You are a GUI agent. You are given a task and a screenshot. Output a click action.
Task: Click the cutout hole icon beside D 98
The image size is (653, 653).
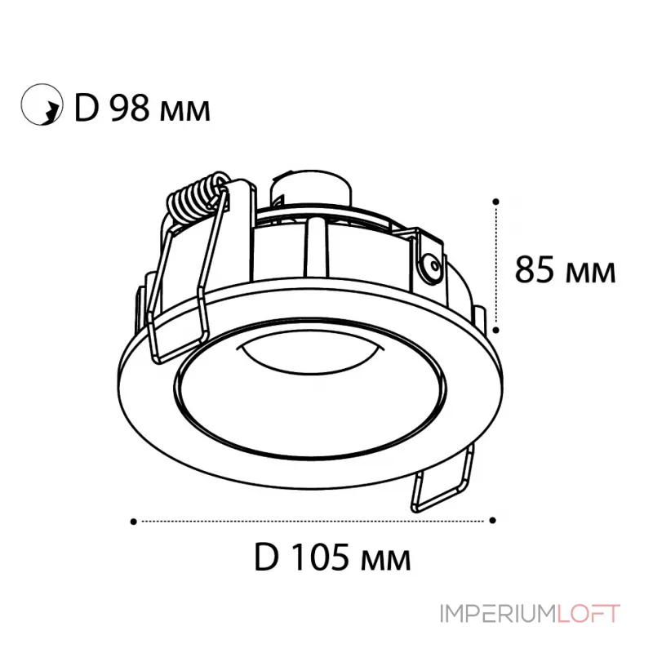click(x=42, y=104)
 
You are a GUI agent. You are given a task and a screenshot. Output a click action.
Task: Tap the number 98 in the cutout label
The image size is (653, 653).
click(x=129, y=109)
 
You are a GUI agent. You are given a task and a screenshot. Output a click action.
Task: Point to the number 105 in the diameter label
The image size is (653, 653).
click(x=318, y=557)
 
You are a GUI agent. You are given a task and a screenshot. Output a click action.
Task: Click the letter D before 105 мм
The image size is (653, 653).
click(x=266, y=557)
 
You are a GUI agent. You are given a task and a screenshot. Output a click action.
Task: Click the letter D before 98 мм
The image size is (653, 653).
click(x=87, y=109)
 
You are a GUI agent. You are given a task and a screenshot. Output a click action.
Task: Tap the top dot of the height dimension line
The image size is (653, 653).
click(x=495, y=202)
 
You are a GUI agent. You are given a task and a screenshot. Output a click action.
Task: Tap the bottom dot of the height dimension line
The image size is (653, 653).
click(x=495, y=330)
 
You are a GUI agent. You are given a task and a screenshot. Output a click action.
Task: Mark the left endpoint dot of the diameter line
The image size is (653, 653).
click(x=133, y=522)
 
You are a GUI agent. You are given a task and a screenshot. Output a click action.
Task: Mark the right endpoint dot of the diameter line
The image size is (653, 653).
click(x=493, y=520)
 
